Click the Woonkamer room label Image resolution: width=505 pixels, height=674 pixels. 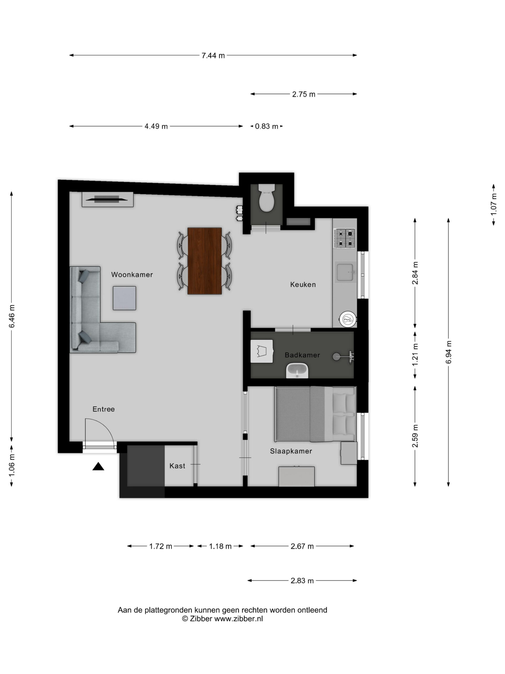click(132, 275)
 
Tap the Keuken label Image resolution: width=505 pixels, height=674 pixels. click(303, 285)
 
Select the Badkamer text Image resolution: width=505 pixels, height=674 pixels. click(302, 355)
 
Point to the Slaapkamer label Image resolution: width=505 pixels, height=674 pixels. click(291, 451)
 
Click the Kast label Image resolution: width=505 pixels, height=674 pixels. click(177, 466)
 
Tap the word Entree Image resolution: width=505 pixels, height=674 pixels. click(103, 409)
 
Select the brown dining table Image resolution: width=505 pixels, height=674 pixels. click(205, 261)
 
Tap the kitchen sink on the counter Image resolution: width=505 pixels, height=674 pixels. click(345, 272)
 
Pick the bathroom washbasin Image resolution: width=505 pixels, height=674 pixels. click(297, 371)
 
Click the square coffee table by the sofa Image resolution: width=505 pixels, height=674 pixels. click(124, 298)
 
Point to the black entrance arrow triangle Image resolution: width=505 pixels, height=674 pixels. click(98, 467)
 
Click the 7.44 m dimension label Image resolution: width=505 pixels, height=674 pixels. click(213, 56)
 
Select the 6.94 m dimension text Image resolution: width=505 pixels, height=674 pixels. click(448, 352)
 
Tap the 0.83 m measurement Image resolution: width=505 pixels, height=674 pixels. click(266, 126)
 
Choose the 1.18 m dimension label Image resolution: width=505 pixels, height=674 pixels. click(220, 546)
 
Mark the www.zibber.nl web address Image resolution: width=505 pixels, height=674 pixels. click(238, 619)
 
